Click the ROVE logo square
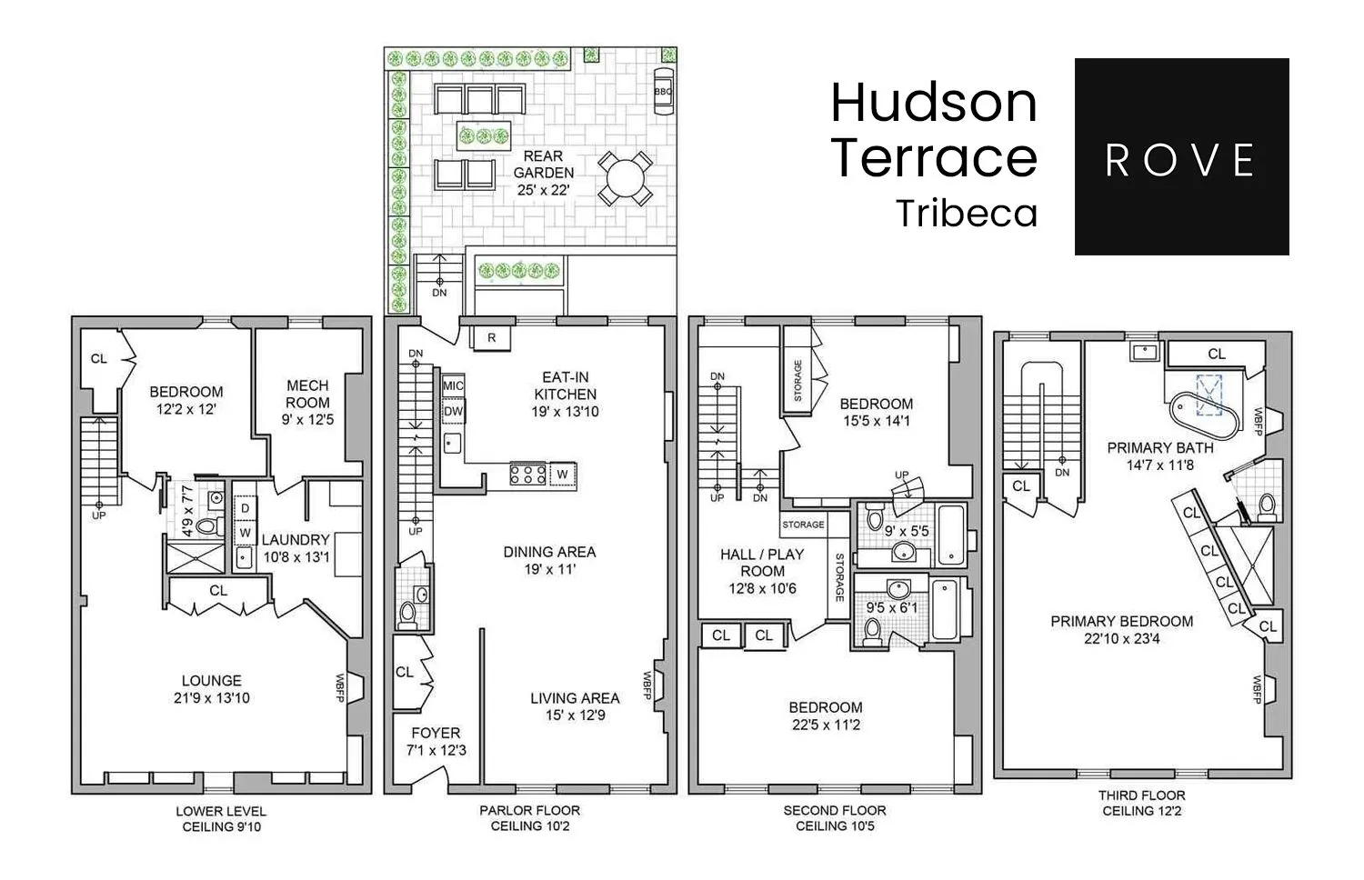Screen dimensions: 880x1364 pos(1181,156)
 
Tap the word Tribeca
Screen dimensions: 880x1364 pos(967,214)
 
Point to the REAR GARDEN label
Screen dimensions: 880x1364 pos(543,165)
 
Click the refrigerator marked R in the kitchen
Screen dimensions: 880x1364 pos(491,337)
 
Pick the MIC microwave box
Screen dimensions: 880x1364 pos(453,385)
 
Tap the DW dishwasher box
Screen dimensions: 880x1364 pos(453,411)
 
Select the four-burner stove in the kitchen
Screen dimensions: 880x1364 pos(527,474)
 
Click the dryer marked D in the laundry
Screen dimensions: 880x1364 pos(245,507)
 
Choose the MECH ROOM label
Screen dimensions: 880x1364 pos(307,395)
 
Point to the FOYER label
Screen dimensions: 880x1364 pos(436,733)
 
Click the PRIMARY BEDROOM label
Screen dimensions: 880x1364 pos(1121,621)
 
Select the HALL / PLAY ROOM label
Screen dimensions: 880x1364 pos(762,562)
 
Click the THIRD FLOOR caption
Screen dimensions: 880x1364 pos(1141,795)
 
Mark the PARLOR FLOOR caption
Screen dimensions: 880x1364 pos(529,810)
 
